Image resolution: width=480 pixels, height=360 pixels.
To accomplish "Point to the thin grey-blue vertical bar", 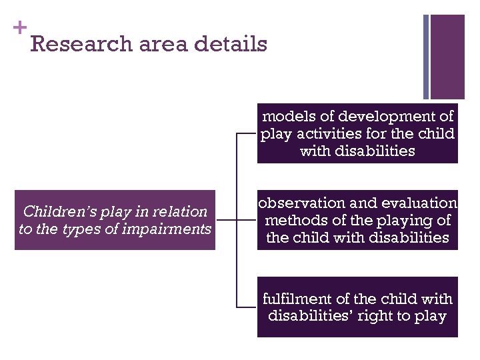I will coord(426,57).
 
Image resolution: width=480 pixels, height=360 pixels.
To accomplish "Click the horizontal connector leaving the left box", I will coord(226,220).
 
